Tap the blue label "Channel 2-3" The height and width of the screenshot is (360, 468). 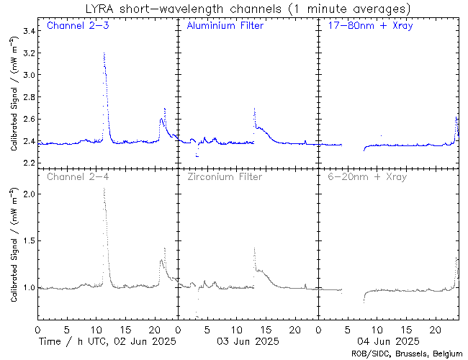point(78,26)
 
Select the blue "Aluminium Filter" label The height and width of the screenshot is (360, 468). point(225,26)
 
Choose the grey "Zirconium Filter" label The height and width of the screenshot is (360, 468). point(224,176)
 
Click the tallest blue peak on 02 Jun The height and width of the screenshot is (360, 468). point(104,54)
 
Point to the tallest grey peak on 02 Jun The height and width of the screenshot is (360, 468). point(104,189)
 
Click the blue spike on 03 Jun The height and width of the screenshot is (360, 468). point(254,109)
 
